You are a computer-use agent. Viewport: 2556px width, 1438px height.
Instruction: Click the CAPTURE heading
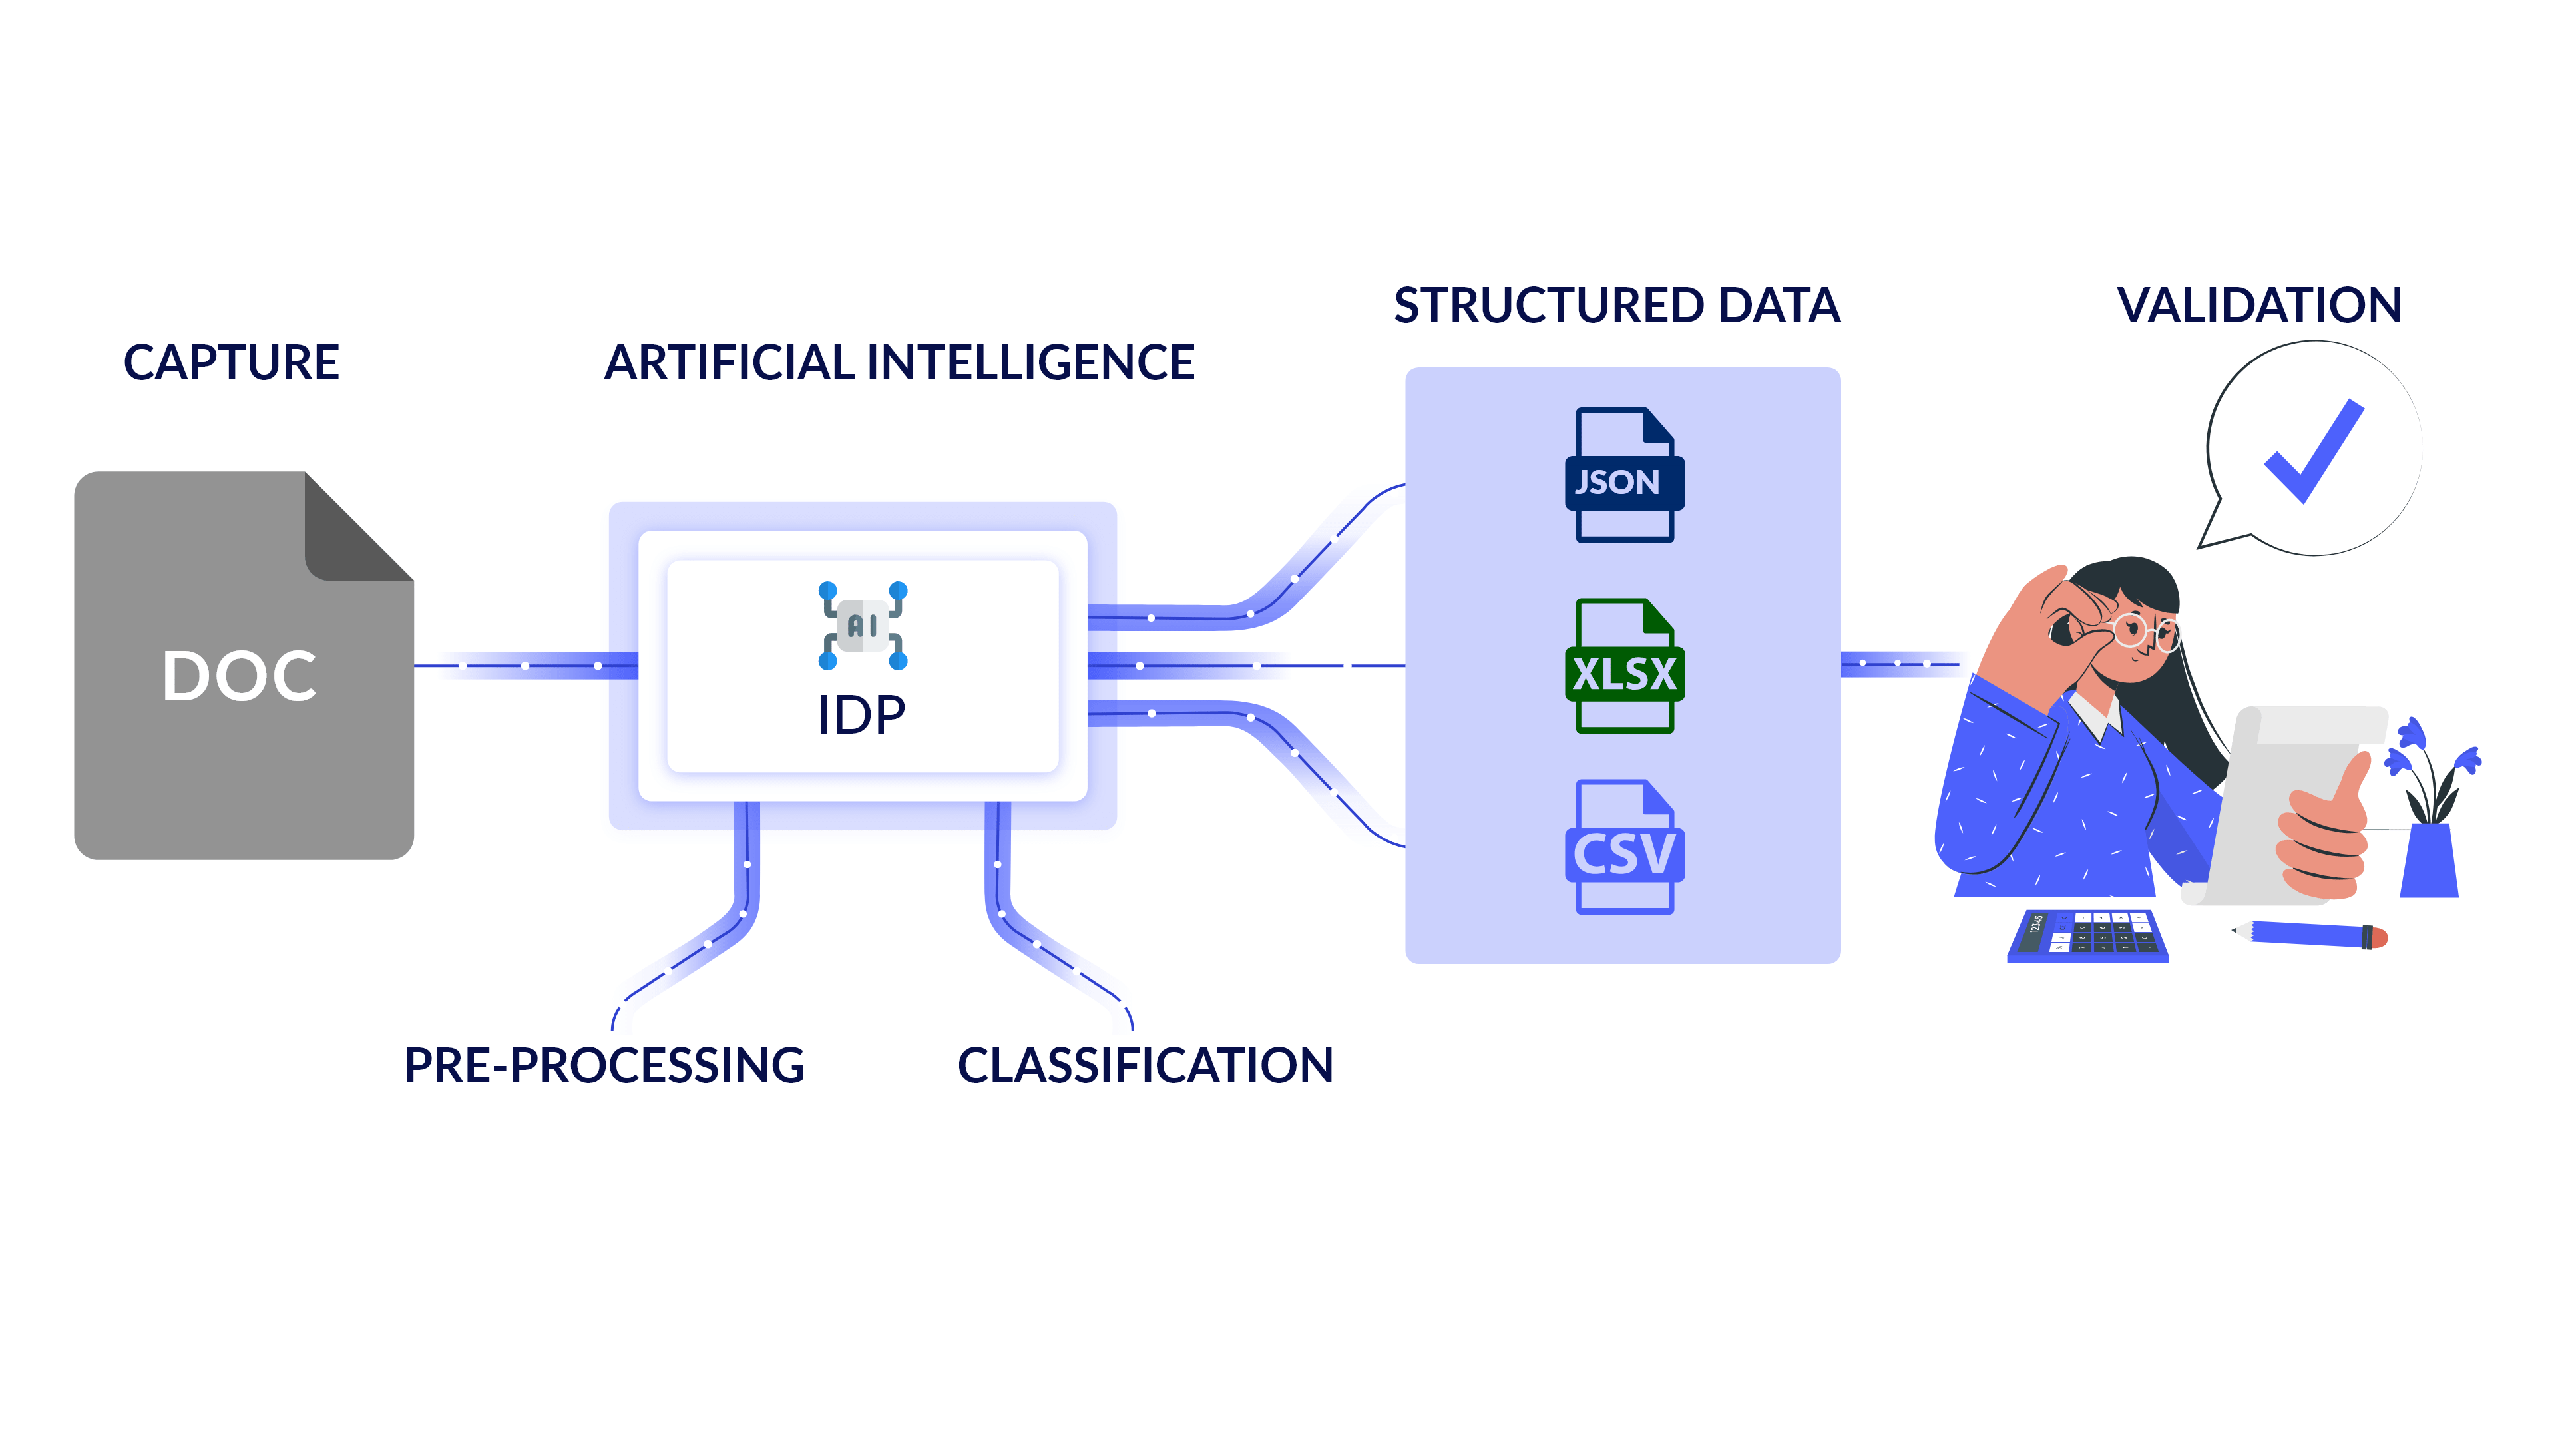[x=231, y=362]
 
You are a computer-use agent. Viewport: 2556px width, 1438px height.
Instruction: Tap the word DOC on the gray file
[x=239, y=677]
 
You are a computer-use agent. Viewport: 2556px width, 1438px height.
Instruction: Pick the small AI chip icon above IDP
[x=862, y=625]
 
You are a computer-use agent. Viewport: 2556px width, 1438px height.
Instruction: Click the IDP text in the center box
[x=861, y=714]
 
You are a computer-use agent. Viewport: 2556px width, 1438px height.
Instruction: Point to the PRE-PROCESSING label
[x=604, y=1066]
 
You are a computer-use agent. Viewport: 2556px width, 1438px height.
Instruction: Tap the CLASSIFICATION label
[x=1145, y=1066]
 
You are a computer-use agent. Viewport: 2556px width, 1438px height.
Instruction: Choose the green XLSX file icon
[x=1624, y=667]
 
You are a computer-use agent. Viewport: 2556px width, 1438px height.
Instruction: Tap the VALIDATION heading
[x=2259, y=306]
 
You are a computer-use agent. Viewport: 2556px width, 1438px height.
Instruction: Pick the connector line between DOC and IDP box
[x=526, y=666]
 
